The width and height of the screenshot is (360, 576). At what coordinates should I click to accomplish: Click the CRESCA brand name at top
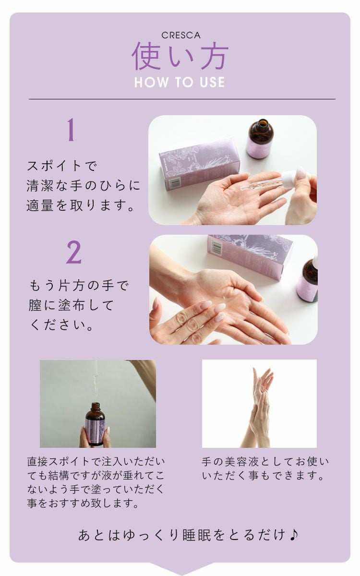(x=180, y=36)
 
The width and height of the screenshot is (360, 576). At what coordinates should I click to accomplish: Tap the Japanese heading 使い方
(x=180, y=57)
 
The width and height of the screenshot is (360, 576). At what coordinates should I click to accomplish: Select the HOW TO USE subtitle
(x=180, y=82)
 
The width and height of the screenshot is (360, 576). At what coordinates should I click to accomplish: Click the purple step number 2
(x=73, y=252)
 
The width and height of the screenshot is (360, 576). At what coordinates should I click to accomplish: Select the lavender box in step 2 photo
(x=250, y=254)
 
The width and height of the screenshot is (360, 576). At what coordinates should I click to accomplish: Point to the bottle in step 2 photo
(x=308, y=280)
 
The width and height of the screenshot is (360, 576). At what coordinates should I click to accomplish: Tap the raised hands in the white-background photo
(x=259, y=403)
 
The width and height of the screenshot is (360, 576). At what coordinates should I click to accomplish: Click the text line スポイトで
(x=62, y=167)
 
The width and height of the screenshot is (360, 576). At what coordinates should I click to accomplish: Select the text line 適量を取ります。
(x=80, y=206)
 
